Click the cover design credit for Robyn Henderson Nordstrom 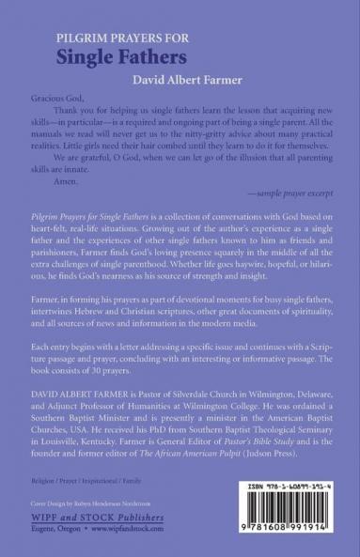83,505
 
